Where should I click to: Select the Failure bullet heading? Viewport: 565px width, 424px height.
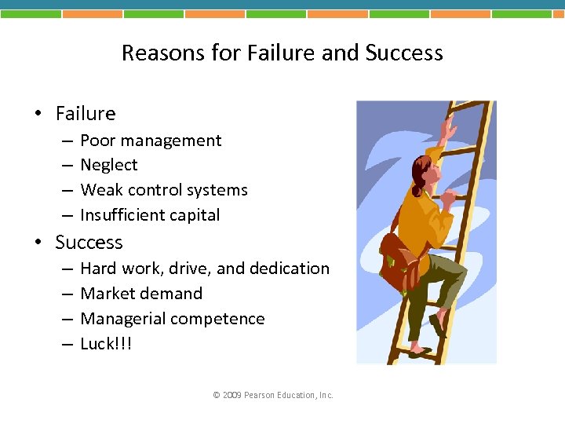click(85, 114)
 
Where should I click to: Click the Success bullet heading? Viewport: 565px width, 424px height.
click(89, 243)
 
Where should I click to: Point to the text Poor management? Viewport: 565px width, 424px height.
click(151, 141)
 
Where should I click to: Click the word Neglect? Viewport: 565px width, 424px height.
click(109, 165)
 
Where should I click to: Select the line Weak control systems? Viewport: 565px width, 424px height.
click(164, 190)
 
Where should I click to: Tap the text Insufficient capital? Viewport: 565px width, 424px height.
click(150, 215)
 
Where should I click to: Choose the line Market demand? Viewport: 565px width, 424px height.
click(141, 294)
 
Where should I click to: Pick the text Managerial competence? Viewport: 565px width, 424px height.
click(173, 319)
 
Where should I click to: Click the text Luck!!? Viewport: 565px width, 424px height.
click(106, 344)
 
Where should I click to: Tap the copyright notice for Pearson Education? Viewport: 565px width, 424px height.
click(273, 395)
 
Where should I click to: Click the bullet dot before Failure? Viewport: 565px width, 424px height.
click(38, 115)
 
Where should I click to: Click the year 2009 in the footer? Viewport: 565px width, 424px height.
click(232, 395)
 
